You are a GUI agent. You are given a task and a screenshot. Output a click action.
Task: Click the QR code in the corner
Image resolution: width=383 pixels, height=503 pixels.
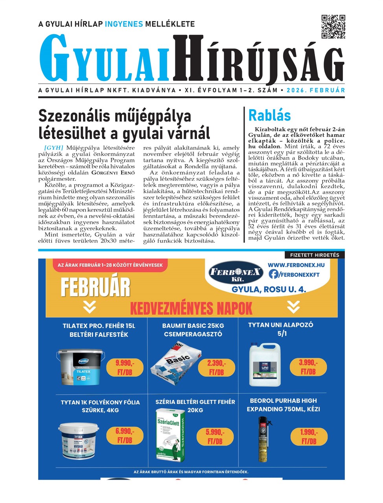tap(333, 27)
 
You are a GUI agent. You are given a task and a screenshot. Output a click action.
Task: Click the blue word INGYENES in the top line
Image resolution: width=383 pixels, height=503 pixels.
tap(124, 24)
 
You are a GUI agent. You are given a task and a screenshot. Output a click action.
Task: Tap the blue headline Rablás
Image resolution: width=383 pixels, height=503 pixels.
tap(269, 115)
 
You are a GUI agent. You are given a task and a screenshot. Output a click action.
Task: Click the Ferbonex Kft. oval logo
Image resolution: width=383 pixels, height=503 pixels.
tap(236, 272)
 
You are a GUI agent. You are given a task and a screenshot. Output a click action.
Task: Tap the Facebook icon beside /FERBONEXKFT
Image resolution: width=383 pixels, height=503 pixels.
tap(274, 274)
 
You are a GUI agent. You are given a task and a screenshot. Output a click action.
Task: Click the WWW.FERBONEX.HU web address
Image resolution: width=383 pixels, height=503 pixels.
tap(296, 265)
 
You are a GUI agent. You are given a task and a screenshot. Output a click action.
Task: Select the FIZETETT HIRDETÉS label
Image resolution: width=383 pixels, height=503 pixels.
tap(314, 255)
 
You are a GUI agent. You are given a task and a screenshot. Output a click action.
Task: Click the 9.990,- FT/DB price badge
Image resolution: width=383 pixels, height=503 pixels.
tap(125, 367)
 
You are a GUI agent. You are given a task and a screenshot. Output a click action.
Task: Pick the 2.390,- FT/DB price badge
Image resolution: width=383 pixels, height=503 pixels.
tap(216, 367)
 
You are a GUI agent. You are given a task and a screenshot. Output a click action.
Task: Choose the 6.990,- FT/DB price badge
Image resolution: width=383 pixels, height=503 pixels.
tap(125, 435)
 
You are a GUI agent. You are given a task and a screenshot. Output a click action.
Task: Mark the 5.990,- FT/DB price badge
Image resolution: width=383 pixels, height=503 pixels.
tap(215, 437)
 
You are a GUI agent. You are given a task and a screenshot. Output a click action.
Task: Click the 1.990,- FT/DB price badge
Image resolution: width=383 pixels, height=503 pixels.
tap(309, 436)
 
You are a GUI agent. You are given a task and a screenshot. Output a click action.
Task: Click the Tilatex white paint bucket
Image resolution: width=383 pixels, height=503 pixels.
tap(81, 367)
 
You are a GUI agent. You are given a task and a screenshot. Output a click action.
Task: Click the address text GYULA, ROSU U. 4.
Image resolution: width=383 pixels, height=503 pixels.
tap(269, 290)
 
